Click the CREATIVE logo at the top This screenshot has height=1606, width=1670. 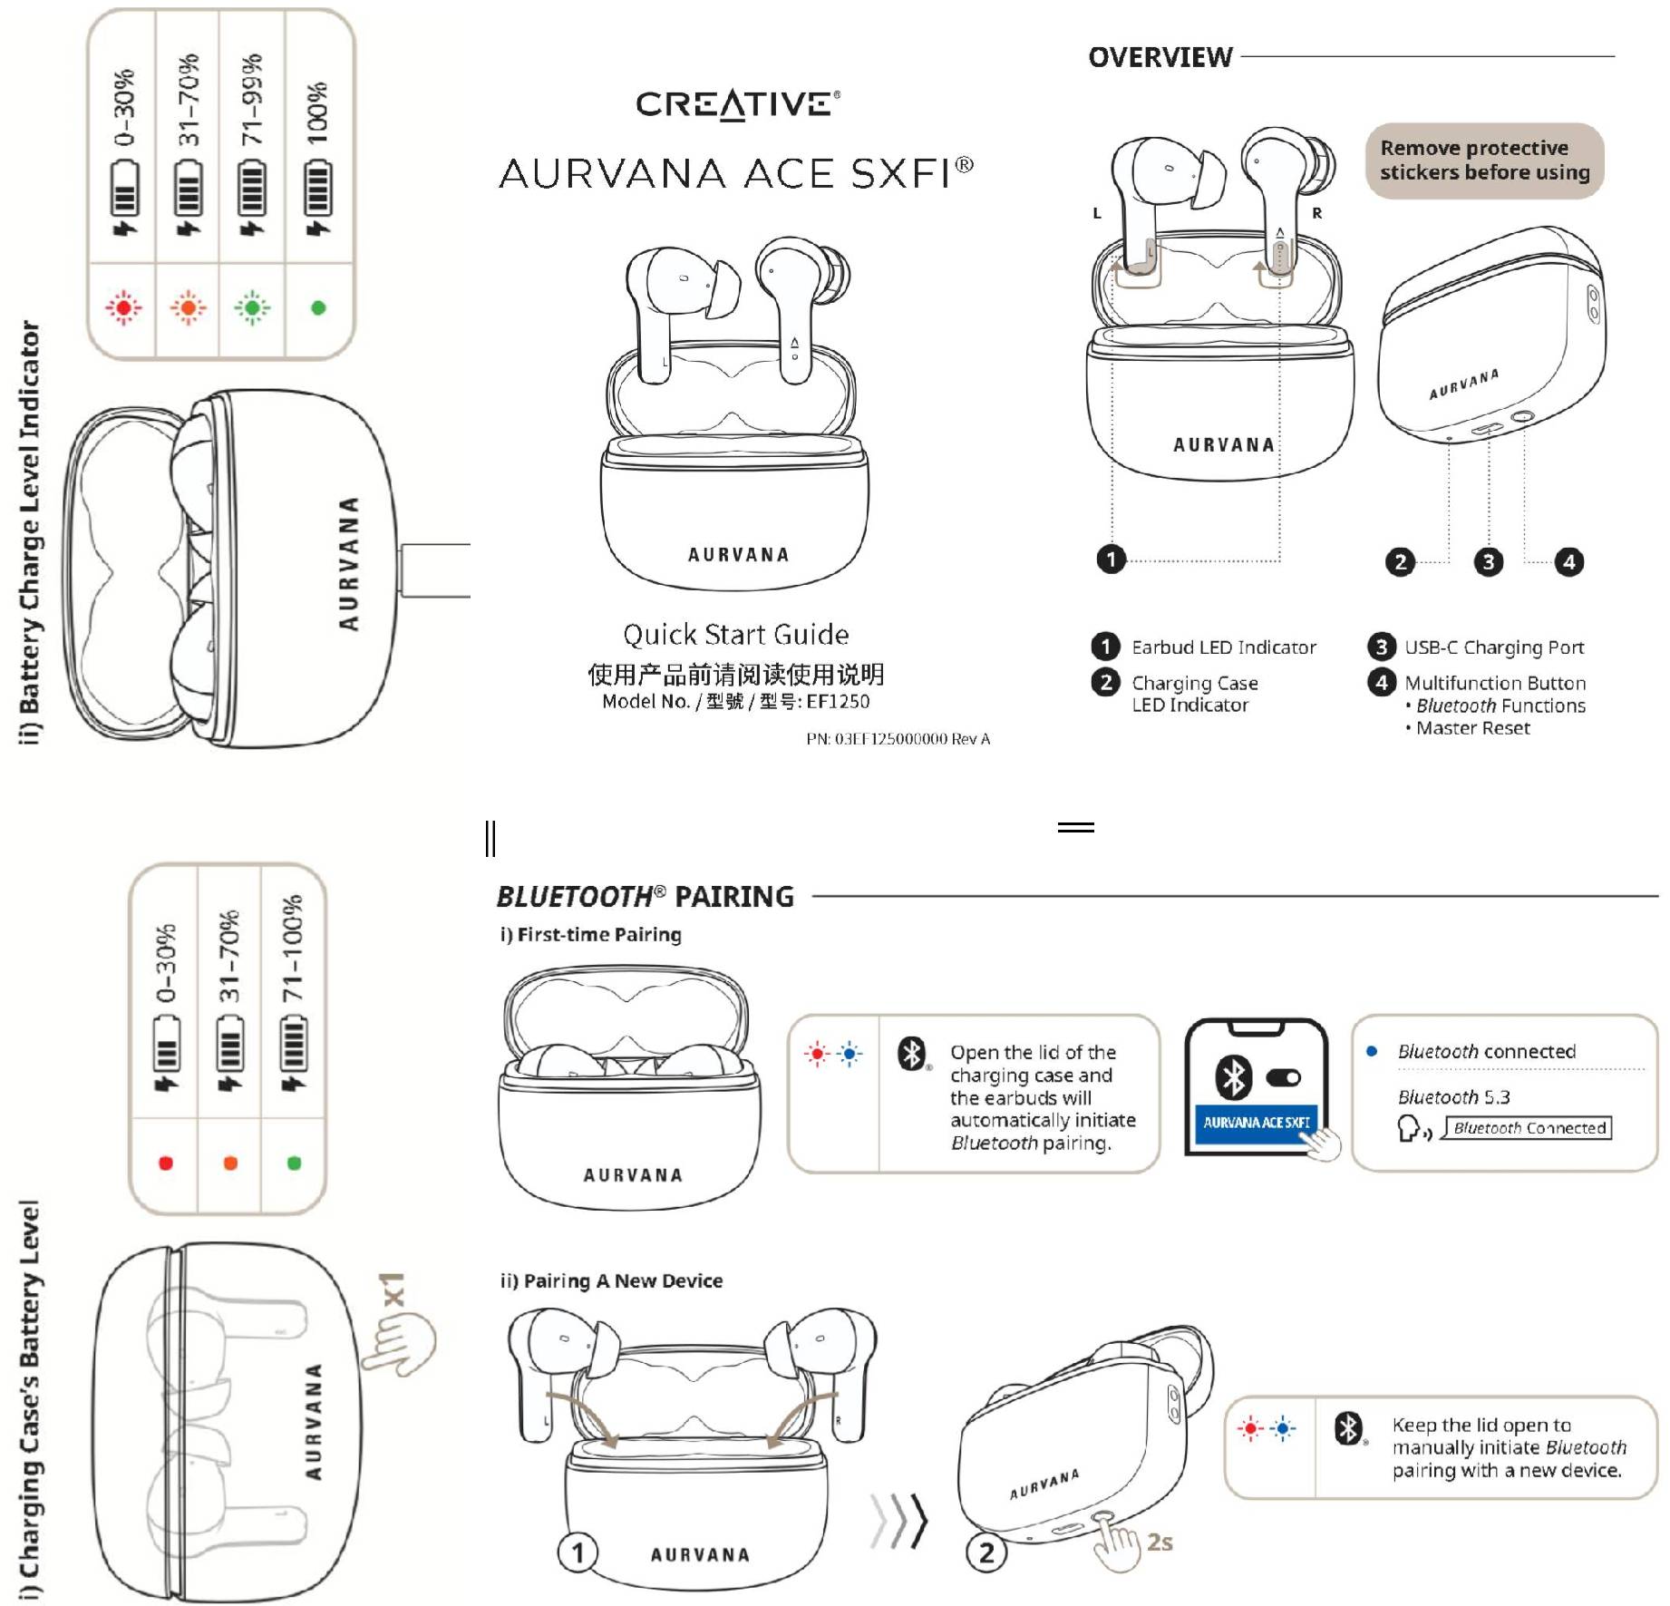pyautogui.click(x=736, y=104)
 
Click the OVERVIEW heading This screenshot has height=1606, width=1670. pyautogui.click(x=1160, y=57)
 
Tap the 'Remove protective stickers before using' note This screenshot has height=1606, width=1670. pyautogui.click(x=1484, y=161)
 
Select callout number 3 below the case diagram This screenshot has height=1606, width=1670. pyautogui.click(x=1488, y=562)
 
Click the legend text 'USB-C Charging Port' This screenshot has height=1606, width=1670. pyautogui.click(x=1493, y=647)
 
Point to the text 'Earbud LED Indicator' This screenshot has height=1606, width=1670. pyautogui.click(x=1223, y=647)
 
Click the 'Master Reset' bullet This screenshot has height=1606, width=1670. pyautogui.click(x=1472, y=728)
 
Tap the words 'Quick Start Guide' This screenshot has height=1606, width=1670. pyautogui.click(x=735, y=635)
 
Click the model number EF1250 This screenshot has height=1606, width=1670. pyautogui.click(x=838, y=702)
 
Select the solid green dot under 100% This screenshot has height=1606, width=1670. pyautogui.click(x=318, y=308)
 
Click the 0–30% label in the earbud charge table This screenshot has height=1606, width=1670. pyautogui.click(x=124, y=107)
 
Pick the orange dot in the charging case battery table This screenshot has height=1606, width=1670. pyautogui.click(x=230, y=1163)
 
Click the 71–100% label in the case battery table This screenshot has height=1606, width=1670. pyautogui.click(x=292, y=949)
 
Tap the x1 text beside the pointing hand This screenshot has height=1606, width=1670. pyautogui.click(x=393, y=1290)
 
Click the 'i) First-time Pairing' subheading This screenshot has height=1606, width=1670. pyautogui.click(x=590, y=935)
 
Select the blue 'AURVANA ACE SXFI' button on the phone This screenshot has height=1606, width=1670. pyautogui.click(x=1256, y=1123)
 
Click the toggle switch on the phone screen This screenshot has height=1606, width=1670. pyautogui.click(x=1283, y=1078)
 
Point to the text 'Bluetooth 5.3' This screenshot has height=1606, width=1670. pyautogui.click(x=1453, y=1097)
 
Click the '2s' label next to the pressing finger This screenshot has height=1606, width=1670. pyautogui.click(x=1160, y=1542)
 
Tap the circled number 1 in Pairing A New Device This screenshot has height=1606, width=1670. pyautogui.click(x=578, y=1552)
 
